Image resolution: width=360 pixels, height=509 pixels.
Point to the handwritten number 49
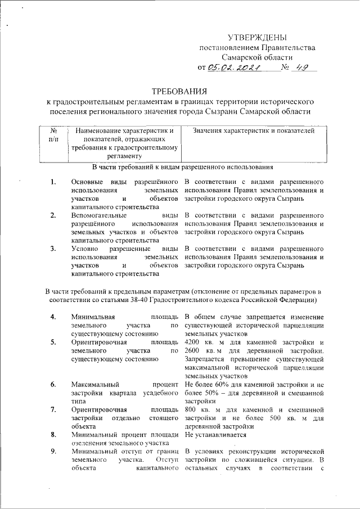(x=303, y=68)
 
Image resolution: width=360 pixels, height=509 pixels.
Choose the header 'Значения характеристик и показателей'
(x=253, y=131)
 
